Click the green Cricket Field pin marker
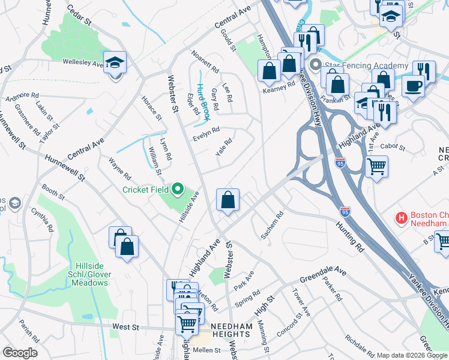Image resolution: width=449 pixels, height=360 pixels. (x=177, y=190)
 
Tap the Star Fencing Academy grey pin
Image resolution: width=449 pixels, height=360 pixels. (x=315, y=65)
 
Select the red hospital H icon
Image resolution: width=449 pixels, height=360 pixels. (x=402, y=217)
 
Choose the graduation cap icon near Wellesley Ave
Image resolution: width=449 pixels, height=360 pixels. (x=114, y=62)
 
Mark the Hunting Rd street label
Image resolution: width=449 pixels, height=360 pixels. (x=351, y=238)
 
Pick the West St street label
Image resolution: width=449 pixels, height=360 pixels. (x=125, y=328)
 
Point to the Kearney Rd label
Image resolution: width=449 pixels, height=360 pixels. (x=279, y=85)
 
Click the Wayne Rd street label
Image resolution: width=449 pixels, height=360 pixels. (x=119, y=169)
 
